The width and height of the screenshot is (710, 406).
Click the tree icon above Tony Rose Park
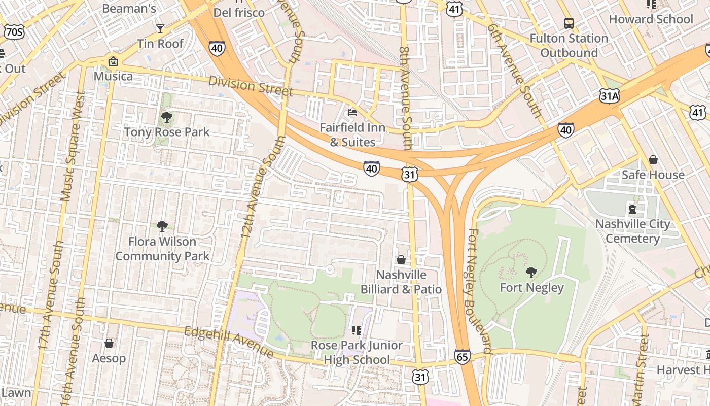pos(166,118)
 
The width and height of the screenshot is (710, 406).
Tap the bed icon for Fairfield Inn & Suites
pos(352,112)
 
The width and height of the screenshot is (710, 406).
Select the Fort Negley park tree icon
pos(531,273)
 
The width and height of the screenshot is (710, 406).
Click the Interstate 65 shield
pos(462,357)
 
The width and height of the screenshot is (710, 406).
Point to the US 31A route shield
pos(609,95)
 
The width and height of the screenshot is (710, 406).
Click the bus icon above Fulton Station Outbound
pos(569,23)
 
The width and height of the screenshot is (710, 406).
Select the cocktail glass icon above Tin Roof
pos(160,28)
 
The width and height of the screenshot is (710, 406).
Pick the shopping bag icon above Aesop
pos(109,343)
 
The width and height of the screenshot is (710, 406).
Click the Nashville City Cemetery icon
pos(632,209)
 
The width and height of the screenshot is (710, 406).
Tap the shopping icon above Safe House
pos(653,160)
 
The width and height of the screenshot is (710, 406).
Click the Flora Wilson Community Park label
pos(162,249)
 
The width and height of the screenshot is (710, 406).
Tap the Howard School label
pos(651,19)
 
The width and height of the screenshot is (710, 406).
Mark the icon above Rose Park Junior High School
pos(356,330)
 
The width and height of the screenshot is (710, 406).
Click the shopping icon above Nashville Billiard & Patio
pos(401,260)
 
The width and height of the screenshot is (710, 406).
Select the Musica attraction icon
pos(113,61)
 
